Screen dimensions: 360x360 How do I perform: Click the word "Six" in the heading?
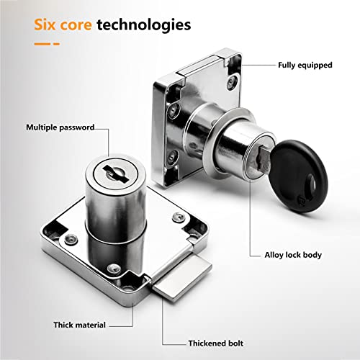[45, 24]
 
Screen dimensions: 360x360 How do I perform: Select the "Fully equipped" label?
[305, 66]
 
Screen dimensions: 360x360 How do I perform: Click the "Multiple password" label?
[60, 127]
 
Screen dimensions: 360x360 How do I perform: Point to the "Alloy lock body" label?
[293, 255]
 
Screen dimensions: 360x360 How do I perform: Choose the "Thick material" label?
[79, 325]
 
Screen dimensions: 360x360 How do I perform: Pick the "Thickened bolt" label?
[216, 343]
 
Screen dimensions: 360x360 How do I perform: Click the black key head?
[299, 176]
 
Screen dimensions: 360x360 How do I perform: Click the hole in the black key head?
[312, 184]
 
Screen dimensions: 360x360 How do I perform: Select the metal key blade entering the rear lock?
[264, 159]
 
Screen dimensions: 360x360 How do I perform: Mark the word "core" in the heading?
[76, 25]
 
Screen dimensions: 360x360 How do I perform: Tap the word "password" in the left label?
[77, 127]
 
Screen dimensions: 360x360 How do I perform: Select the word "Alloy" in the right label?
[274, 255]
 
